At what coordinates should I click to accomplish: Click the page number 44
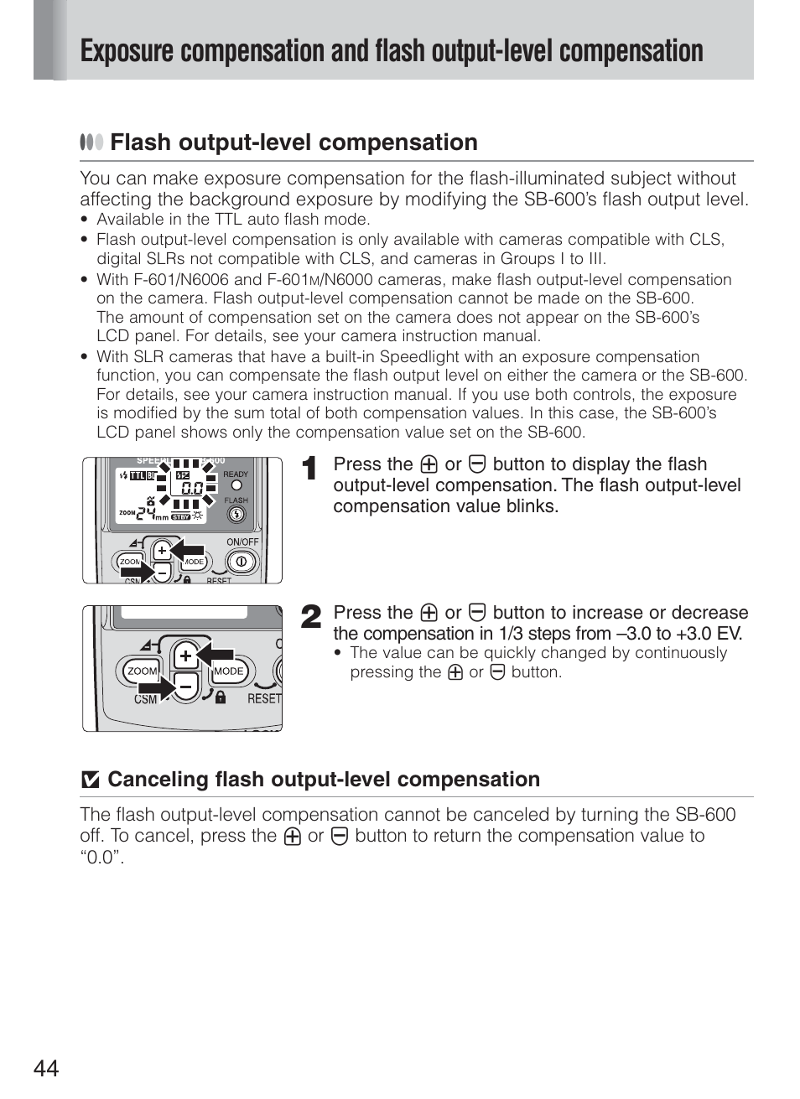tap(47, 1068)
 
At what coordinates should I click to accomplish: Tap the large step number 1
tap(309, 469)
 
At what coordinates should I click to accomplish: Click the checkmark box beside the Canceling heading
tap(90, 780)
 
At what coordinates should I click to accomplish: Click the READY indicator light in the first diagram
tap(236, 485)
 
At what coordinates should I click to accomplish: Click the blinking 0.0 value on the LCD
tap(191, 487)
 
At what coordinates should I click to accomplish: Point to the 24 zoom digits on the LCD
tap(146, 513)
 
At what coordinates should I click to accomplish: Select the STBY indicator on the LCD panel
tap(180, 517)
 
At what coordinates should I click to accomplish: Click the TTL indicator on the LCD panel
tap(138, 475)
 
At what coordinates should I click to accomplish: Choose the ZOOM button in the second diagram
tap(143, 671)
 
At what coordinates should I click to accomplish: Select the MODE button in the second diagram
tap(228, 671)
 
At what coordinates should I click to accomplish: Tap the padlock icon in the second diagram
tap(220, 697)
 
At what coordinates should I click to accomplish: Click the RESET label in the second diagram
tap(264, 698)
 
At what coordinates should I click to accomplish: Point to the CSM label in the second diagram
tap(146, 699)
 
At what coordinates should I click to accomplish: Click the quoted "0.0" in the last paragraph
tap(102, 857)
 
